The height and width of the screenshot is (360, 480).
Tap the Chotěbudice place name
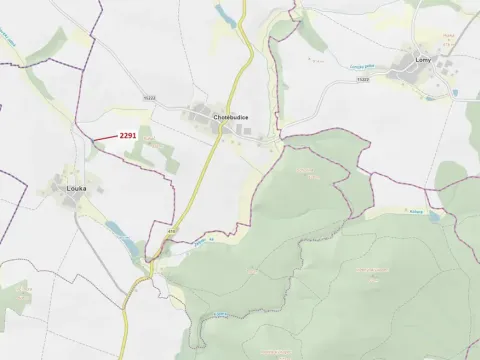[x=231, y=117]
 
